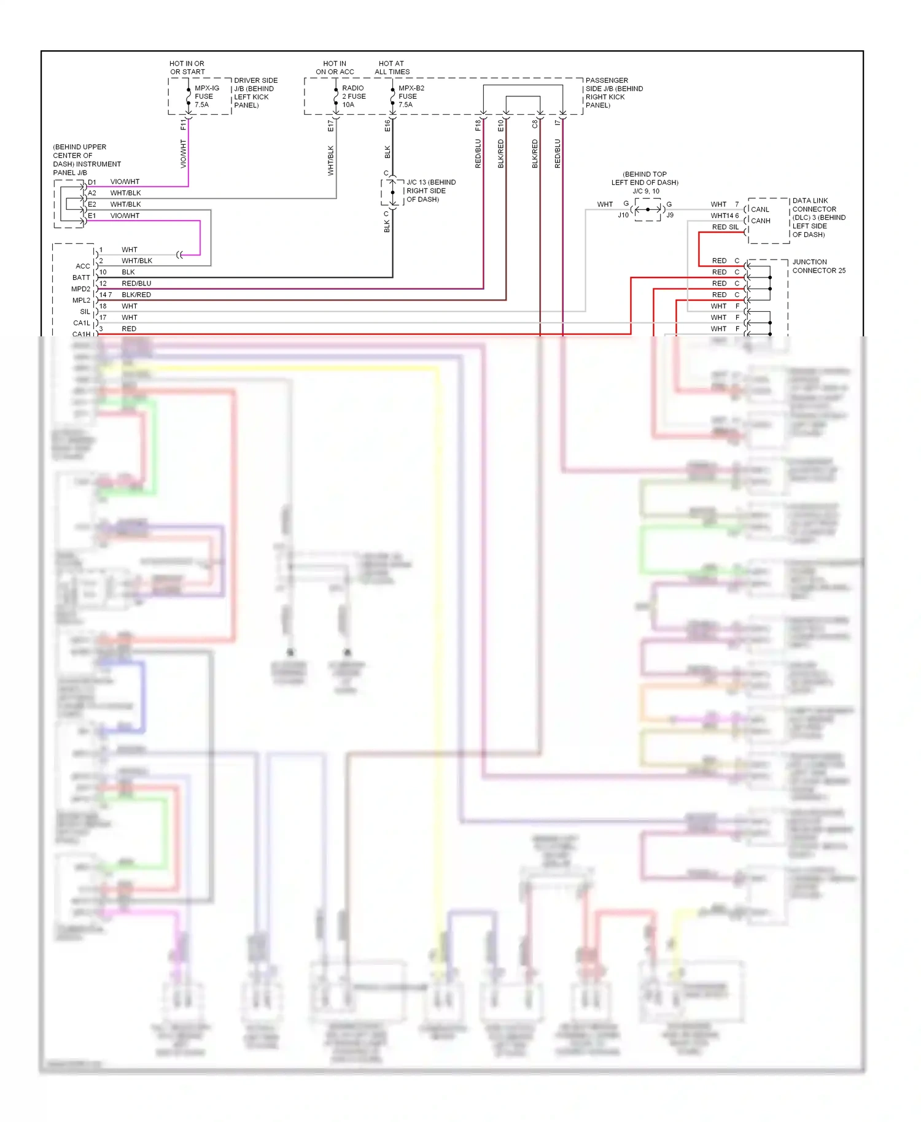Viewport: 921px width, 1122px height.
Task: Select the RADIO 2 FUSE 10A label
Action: click(x=353, y=96)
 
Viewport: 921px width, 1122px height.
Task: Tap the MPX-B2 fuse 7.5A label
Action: click(x=410, y=96)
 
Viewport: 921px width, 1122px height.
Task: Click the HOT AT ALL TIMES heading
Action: click(x=392, y=68)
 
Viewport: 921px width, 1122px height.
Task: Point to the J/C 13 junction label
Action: click(x=430, y=191)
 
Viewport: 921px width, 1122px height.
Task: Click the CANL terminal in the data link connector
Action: click(x=760, y=209)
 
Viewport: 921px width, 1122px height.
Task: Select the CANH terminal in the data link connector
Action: click(x=760, y=221)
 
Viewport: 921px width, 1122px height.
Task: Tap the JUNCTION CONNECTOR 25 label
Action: click(x=818, y=266)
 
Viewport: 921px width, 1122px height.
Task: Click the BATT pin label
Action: click(x=81, y=278)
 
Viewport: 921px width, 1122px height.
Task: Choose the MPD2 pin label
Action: click(x=80, y=289)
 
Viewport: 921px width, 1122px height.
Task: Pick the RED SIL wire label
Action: click(x=725, y=227)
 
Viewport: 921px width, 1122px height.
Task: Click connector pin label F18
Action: click(x=478, y=125)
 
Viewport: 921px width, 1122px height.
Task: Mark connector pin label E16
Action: click(x=387, y=125)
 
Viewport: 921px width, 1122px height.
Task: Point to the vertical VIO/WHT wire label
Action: click(x=183, y=153)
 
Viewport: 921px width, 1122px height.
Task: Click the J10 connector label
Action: click(x=623, y=215)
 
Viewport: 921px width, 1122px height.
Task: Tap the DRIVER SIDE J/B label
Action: click(x=255, y=93)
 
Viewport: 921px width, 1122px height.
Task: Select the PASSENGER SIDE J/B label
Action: click(x=613, y=93)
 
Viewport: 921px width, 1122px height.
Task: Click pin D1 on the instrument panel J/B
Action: click(x=91, y=182)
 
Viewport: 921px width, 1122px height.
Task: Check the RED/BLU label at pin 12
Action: click(x=136, y=284)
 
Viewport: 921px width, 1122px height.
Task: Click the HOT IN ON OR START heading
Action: click(x=187, y=68)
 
